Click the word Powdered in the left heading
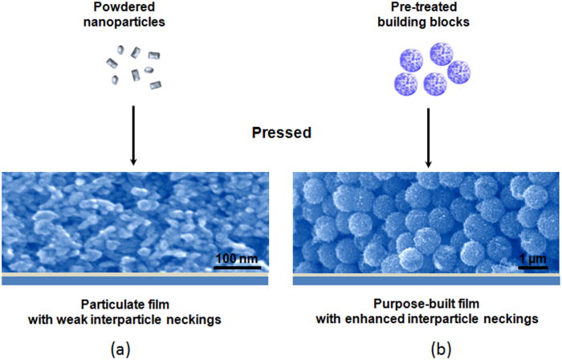135,9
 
